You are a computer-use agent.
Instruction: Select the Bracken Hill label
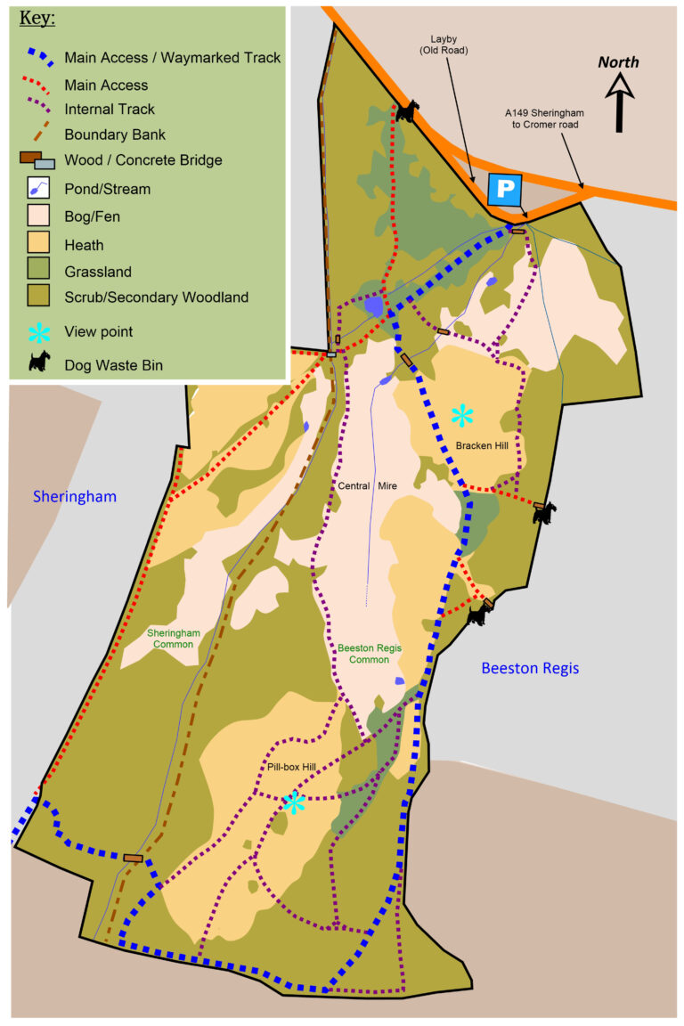click(482, 444)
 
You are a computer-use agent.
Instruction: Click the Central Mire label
click(367, 485)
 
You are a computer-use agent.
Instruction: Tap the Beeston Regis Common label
click(364, 654)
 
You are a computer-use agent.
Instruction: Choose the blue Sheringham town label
click(75, 496)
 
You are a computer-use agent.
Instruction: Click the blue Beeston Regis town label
click(530, 667)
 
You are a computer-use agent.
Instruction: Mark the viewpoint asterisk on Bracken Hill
click(461, 415)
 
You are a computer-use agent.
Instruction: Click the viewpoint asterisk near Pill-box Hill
click(293, 803)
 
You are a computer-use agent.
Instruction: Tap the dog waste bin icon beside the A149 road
click(407, 110)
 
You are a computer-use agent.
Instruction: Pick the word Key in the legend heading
click(37, 18)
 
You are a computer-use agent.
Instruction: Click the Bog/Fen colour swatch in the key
click(37, 216)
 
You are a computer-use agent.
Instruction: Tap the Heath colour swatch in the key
click(37, 244)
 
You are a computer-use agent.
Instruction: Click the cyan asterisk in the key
click(37, 331)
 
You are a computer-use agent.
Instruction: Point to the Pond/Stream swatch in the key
click(37, 189)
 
